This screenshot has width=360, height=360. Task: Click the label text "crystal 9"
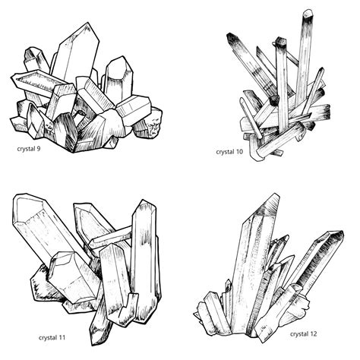[29, 148]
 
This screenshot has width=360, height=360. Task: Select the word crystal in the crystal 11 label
[50, 336]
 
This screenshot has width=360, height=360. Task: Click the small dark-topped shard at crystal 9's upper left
[33, 55]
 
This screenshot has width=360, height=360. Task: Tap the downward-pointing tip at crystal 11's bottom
[96, 339]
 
